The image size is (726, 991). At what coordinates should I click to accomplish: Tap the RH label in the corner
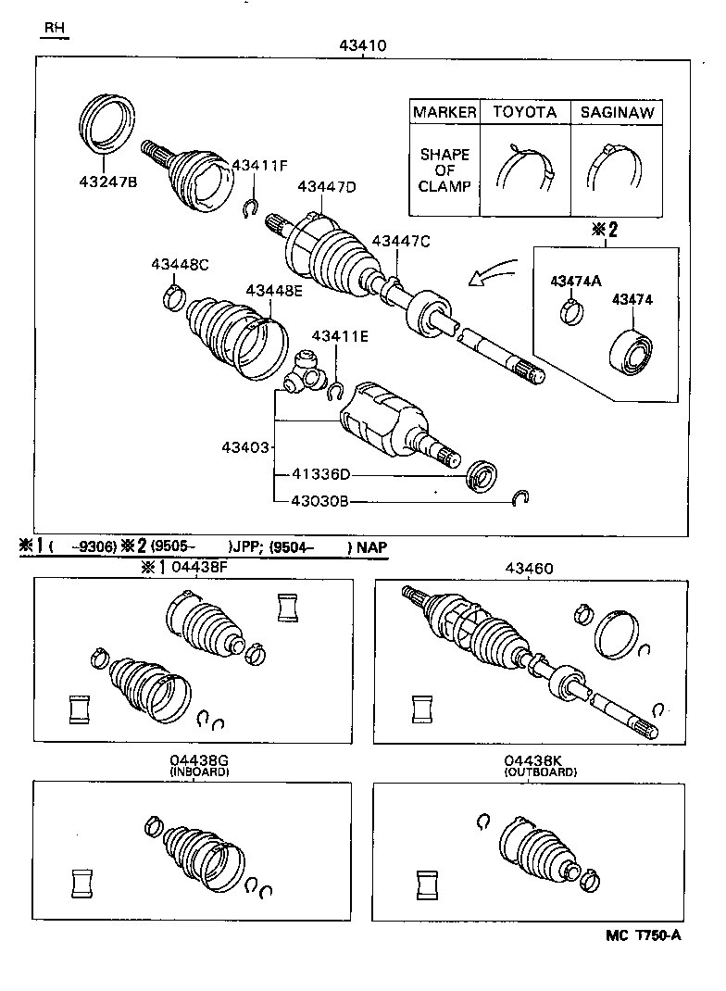pos(55,28)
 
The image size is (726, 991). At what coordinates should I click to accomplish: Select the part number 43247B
pos(107,182)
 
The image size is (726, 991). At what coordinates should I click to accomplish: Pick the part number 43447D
pos(327,186)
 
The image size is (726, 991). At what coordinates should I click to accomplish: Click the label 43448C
pos(180,265)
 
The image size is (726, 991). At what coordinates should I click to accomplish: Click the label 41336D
pos(321,475)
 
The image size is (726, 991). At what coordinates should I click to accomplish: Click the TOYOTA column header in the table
pos(524,112)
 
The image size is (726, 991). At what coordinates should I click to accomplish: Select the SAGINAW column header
pos(617,112)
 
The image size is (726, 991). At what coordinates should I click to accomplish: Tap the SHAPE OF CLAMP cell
pos(444,170)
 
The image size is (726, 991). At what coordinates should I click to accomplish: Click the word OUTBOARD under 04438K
pos(540,771)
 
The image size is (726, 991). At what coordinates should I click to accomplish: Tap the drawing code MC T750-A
pos(644,935)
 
